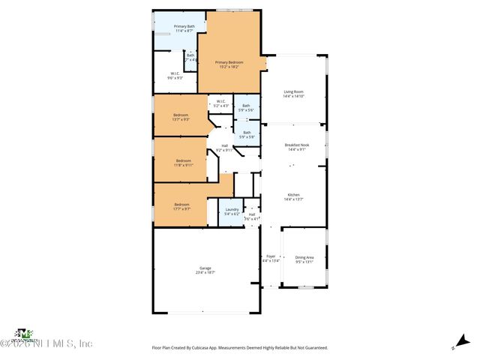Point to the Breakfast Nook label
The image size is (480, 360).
(x=296, y=145)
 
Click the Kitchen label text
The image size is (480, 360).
(x=293, y=193)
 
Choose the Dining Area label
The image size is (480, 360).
(x=304, y=256)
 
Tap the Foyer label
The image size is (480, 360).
(x=270, y=256)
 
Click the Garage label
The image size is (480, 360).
(x=205, y=268)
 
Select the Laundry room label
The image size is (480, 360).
(x=231, y=210)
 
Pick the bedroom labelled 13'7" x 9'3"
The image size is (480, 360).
(x=181, y=115)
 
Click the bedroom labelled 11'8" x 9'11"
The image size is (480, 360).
(x=184, y=160)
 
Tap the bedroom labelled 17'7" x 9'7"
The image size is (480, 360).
(x=181, y=205)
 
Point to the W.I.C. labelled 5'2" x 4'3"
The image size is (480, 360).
(x=220, y=101)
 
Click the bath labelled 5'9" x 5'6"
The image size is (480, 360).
(x=246, y=106)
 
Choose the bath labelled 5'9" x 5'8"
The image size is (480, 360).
(x=246, y=133)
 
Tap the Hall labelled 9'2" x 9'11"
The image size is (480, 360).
(x=224, y=145)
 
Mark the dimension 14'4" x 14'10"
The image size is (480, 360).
(x=293, y=97)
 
